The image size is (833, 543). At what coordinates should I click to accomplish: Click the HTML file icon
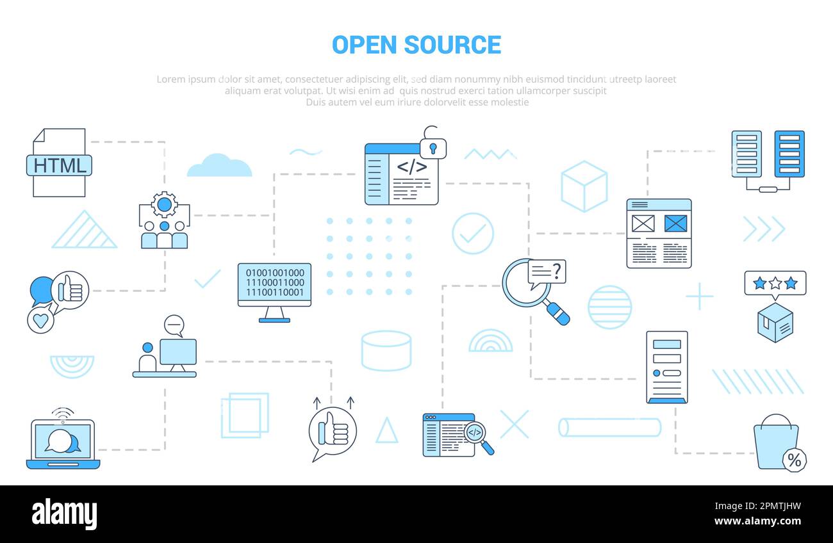(x=59, y=163)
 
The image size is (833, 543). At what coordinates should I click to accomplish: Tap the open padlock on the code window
(x=433, y=144)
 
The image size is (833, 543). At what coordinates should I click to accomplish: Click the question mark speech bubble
(x=547, y=272)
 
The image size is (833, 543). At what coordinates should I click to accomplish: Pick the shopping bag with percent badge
(x=777, y=442)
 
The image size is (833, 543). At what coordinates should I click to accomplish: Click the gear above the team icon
(x=165, y=204)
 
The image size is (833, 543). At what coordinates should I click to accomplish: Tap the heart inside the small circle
(x=41, y=320)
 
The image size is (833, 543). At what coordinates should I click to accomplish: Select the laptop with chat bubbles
(x=63, y=444)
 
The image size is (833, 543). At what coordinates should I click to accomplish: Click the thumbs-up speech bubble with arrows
(x=333, y=431)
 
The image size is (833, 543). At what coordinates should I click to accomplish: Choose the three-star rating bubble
(x=775, y=283)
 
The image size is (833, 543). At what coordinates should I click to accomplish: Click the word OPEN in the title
(x=364, y=45)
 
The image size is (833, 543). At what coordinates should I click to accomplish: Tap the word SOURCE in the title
(x=452, y=45)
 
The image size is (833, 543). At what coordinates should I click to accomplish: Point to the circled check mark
(x=473, y=234)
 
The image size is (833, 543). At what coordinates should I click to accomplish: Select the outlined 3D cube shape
(x=584, y=186)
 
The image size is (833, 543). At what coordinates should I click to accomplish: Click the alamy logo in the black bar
(x=64, y=514)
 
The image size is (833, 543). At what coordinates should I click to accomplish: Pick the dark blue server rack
(x=789, y=154)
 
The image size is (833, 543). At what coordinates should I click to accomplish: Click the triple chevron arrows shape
(x=763, y=229)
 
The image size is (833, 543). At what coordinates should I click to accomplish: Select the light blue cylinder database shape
(x=386, y=351)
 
